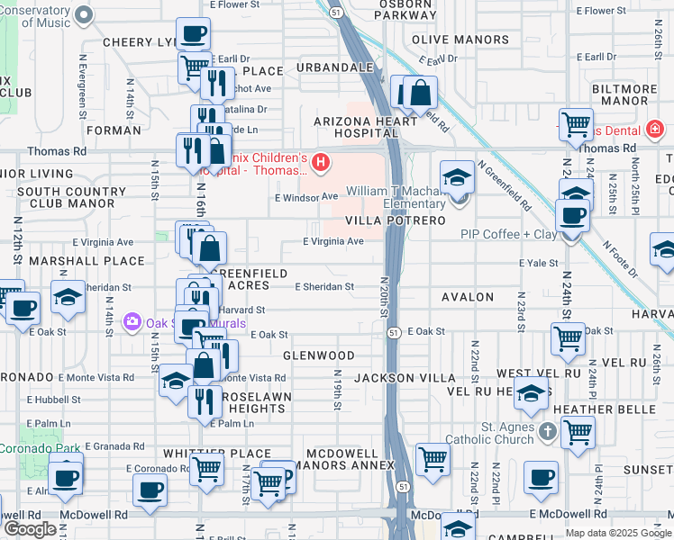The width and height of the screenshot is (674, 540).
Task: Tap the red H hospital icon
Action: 321,163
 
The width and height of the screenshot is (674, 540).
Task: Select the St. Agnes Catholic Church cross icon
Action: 546,433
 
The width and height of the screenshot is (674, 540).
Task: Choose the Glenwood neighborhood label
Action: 318,356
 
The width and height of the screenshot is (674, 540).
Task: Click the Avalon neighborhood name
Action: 468,297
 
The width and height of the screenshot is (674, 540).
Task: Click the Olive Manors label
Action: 460,40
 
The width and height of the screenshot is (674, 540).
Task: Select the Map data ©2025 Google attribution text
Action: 616,533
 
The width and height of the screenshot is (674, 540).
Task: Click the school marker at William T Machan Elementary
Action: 458,177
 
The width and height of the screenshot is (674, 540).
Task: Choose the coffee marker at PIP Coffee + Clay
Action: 572,217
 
